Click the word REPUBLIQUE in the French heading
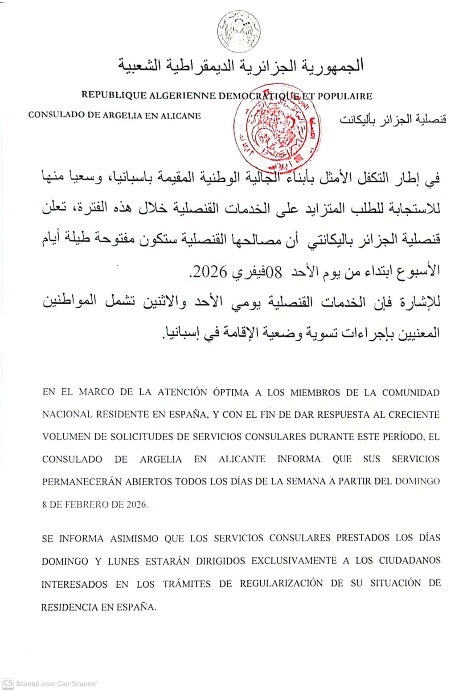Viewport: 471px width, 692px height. pyautogui.click(x=114, y=95)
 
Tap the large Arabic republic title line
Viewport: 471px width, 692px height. pyautogui.click(x=241, y=65)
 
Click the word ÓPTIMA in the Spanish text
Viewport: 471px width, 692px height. pyautogui.click(x=231, y=392)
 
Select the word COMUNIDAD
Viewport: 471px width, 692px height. pyautogui.click(x=410, y=393)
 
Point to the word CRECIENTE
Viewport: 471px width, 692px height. pyautogui.click(x=414, y=415)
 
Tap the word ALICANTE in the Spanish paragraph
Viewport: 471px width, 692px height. pyautogui.click(x=242, y=459)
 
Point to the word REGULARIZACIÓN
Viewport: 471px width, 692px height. pyautogui.click(x=281, y=583)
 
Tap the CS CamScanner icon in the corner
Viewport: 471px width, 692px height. pyautogui.click(x=8, y=684)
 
